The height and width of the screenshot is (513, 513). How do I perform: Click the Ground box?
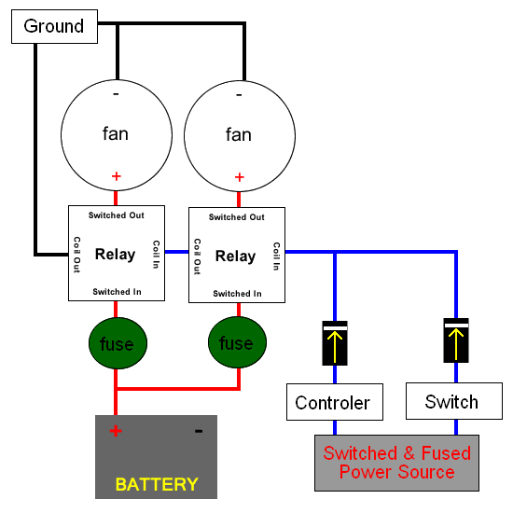coord(54,26)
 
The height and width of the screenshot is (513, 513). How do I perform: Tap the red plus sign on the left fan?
coord(117,176)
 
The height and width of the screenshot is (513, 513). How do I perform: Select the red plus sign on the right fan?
coord(239,177)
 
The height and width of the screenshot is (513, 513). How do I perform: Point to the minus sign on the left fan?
coord(116,94)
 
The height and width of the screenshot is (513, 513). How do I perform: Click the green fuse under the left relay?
coord(118,343)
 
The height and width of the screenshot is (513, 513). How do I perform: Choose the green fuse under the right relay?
coord(237,342)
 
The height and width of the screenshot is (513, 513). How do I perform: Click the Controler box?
coord(335,402)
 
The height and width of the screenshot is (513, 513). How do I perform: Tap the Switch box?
coord(454,401)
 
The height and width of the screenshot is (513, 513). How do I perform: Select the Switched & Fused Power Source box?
coord(396,463)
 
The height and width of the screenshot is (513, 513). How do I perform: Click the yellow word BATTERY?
coord(157,484)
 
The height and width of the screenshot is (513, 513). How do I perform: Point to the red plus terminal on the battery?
coord(116,431)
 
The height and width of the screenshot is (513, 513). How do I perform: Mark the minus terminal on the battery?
coord(199,431)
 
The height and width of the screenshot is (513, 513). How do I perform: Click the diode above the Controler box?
coord(335,343)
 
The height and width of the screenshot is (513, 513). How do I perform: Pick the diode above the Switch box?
coord(456,340)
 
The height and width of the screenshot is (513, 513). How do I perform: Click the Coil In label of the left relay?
coord(157,255)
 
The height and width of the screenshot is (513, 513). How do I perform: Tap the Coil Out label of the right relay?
coord(197,256)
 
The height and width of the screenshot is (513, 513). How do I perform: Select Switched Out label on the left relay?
coord(117,215)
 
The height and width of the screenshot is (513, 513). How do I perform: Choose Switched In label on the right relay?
coord(237,294)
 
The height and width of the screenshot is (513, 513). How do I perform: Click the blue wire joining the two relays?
coord(176,252)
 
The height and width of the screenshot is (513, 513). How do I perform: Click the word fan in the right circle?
coord(239,134)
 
